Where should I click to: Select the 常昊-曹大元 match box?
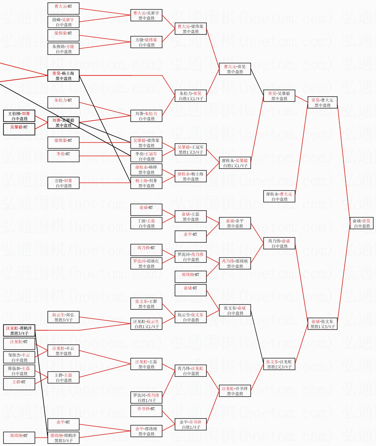pyautogui.click(x=322, y=103)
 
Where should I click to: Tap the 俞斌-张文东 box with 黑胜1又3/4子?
pyautogui.click(x=322, y=324)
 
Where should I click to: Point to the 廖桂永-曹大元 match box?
pyautogui.click(x=279, y=197)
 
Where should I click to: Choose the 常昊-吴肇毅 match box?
pyautogui.click(x=279, y=96)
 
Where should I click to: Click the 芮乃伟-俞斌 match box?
pyautogui.click(x=279, y=244)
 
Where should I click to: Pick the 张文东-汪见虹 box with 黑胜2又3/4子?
pyautogui.click(x=279, y=364)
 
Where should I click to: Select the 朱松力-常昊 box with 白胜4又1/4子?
pyautogui.click(x=191, y=96)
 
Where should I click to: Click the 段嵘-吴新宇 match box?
pyautogui.click(x=63, y=22)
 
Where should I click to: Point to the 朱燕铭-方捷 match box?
pyautogui.click(x=63, y=49)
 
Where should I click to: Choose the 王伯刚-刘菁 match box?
pyautogui.click(x=19, y=116)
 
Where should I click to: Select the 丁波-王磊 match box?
pyautogui.click(x=146, y=223)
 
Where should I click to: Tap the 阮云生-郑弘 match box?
pyautogui.click(x=63, y=317)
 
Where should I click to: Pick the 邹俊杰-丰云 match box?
pyautogui.click(x=19, y=358)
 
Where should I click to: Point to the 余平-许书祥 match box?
pyautogui.click(x=191, y=425)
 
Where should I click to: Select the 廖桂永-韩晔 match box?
pyautogui.click(x=146, y=170)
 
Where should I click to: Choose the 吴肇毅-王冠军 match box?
pyautogui.click(x=191, y=150)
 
